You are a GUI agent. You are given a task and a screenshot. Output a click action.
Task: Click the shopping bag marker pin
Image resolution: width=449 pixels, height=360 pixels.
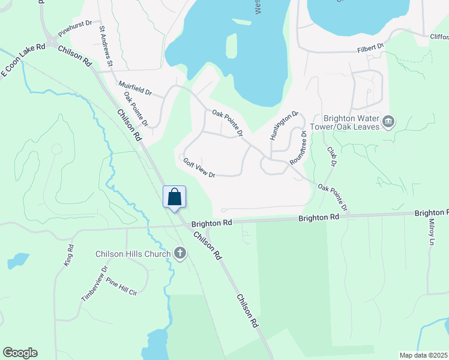[x=175, y=197]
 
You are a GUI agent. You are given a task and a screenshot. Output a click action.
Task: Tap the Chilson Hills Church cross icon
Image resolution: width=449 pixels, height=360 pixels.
[x=179, y=253]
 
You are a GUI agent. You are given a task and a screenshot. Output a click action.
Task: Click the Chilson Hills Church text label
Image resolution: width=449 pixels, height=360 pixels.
[x=133, y=254]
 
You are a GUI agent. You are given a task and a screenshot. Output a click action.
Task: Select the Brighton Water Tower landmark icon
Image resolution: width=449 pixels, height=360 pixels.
[x=388, y=122]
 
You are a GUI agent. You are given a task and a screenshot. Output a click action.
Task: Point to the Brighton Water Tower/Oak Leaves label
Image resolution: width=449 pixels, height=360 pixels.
[x=352, y=122]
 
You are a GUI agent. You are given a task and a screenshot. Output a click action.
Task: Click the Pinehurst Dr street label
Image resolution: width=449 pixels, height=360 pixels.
[x=75, y=28]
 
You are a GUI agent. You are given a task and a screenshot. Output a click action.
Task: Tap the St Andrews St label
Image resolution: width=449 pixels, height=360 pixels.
[x=107, y=45]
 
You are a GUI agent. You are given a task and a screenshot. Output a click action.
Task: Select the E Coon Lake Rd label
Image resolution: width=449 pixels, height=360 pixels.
[x=23, y=60]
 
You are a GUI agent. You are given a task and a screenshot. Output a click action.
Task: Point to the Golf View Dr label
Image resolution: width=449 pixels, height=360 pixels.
[x=199, y=167]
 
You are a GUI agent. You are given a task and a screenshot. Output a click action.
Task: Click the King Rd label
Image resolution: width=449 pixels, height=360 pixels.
[x=68, y=255]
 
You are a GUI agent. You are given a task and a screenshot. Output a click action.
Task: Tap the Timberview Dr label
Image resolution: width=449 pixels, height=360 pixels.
[x=94, y=283]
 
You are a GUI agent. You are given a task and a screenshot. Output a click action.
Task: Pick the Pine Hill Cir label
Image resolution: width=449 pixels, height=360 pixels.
[x=122, y=286]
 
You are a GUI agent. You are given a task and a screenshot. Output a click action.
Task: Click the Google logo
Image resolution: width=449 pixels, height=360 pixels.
[x=20, y=353]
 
